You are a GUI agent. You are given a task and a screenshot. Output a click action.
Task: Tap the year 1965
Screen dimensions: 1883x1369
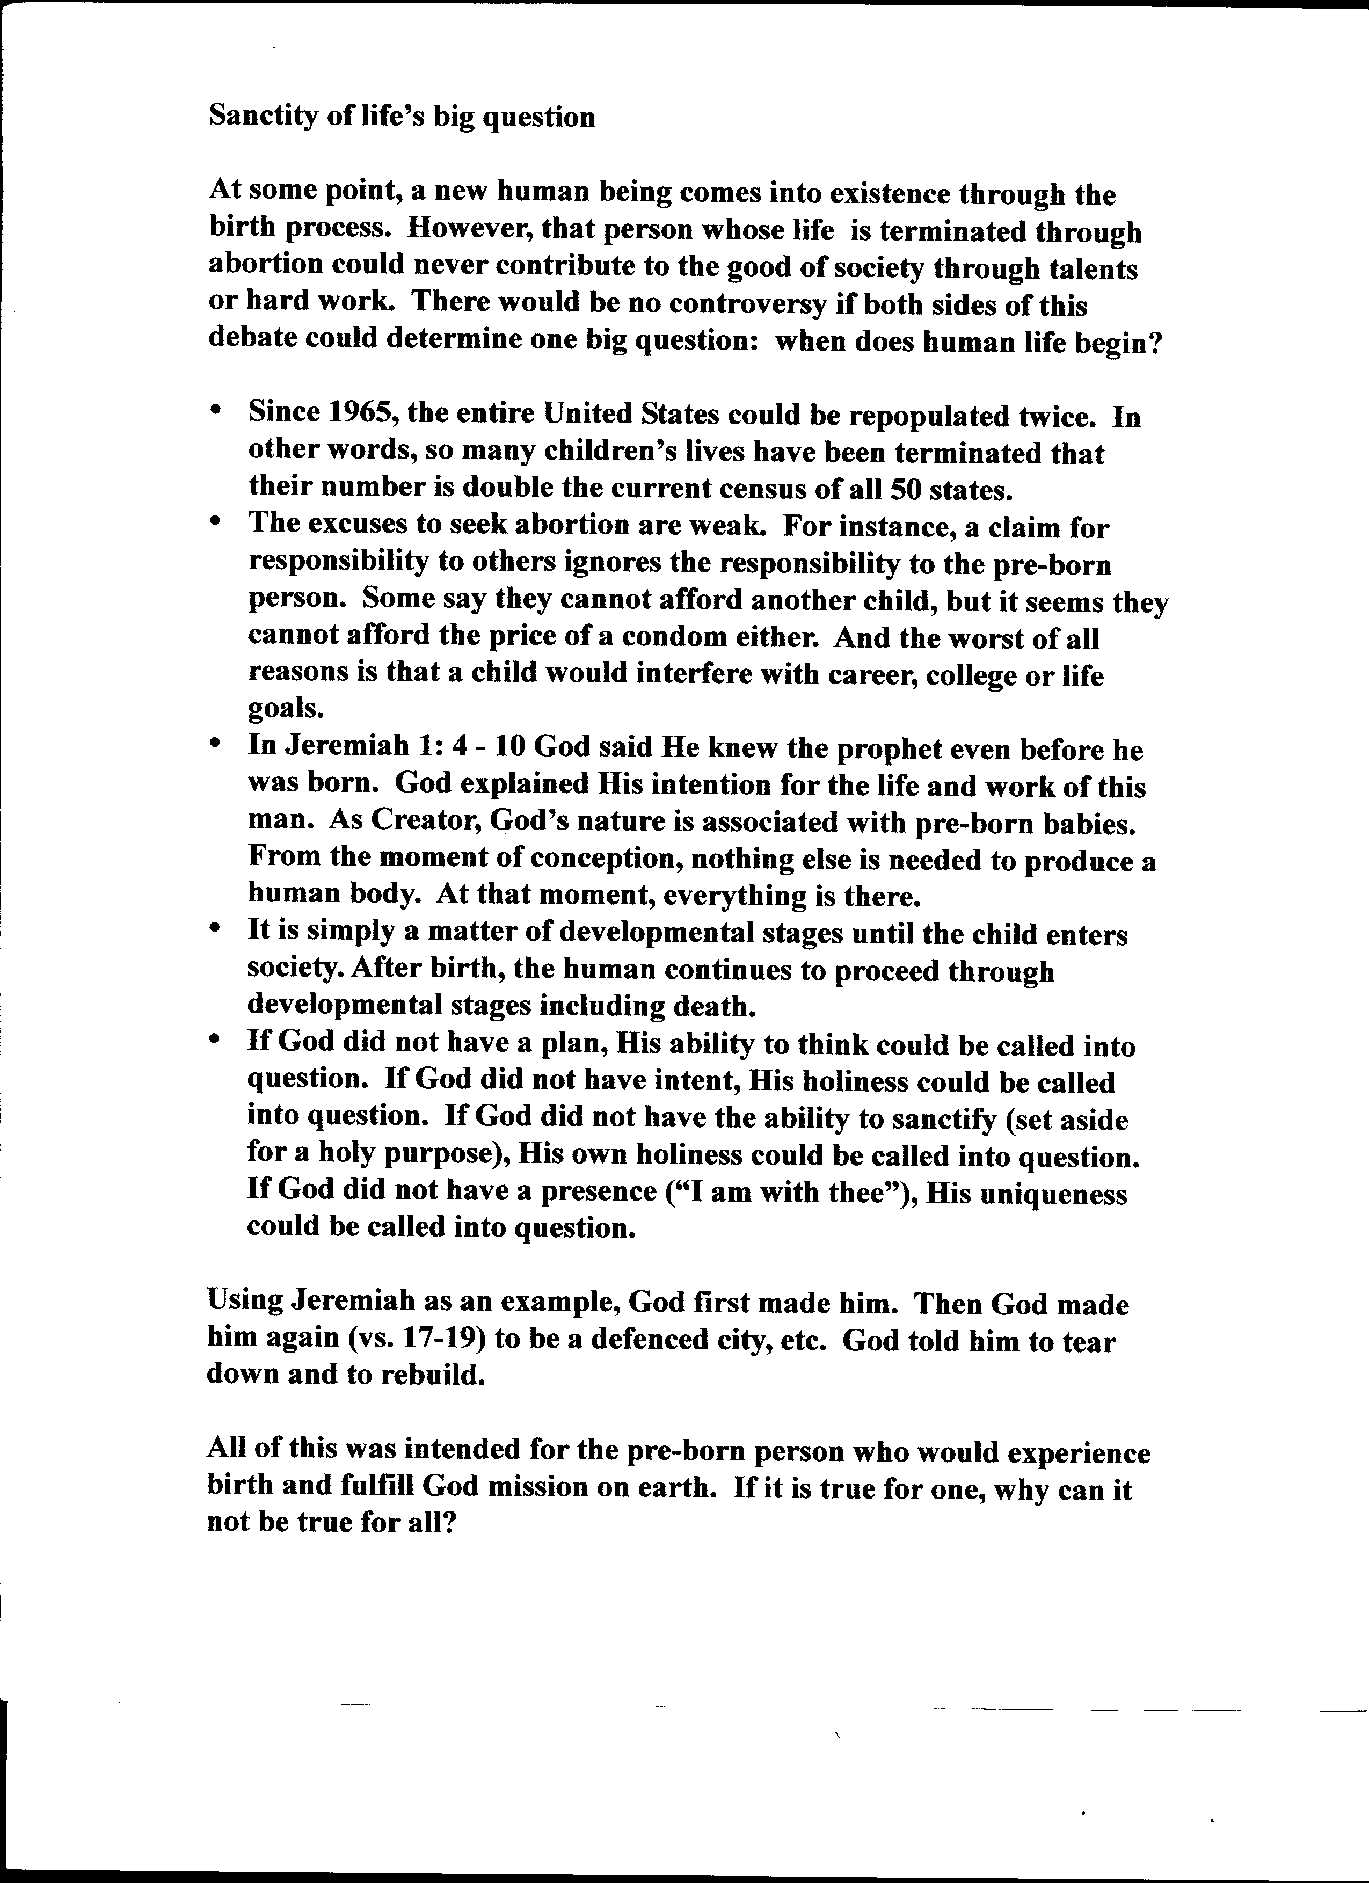coord(362,413)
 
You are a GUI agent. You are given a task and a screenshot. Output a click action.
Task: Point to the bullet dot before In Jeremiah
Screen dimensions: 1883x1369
coord(216,747)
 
